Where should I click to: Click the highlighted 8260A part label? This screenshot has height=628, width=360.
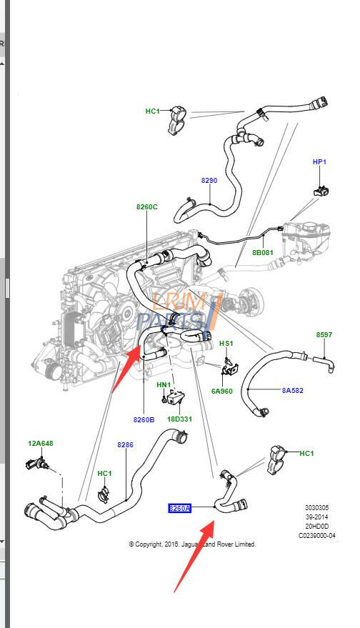tap(179, 508)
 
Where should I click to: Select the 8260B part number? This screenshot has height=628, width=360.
tap(144, 419)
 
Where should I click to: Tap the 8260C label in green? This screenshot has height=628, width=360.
tap(146, 207)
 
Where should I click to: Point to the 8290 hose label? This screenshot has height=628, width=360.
tap(209, 180)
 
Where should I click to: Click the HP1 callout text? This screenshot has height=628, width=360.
tap(319, 162)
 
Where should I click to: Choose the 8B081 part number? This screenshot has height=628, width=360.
tap(262, 252)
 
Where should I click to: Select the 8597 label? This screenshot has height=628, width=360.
tap(324, 334)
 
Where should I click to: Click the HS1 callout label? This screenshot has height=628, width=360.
tap(226, 344)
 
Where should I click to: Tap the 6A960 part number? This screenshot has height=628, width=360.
tap(221, 392)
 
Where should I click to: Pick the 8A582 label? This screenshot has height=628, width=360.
tap(293, 390)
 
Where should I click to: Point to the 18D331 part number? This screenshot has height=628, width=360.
tap(179, 419)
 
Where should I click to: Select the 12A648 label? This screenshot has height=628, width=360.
tap(41, 444)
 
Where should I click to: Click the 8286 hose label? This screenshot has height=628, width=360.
tap(125, 444)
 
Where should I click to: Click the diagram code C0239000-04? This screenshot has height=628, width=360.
tap(317, 535)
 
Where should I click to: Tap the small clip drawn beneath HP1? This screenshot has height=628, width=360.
tap(320, 190)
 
